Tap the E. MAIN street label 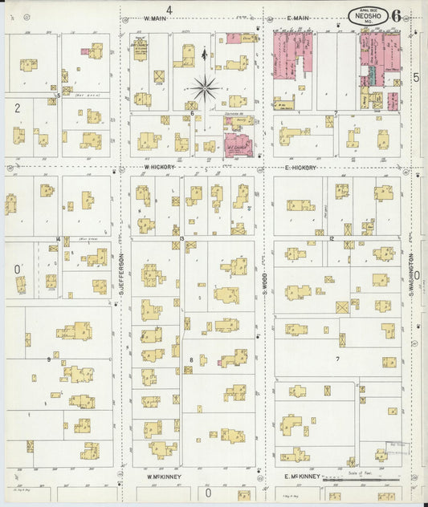click(x=298, y=18)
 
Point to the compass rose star click(x=206, y=87)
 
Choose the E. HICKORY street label click(x=302, y=168)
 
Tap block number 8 click(x=191, y=359)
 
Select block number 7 click(x=338, y=359)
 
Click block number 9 click(x=50, y=359)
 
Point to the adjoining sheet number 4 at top click(x=169, y=9)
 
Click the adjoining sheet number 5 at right click(x=416, y=78)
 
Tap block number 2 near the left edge click(x=16, y=106)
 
